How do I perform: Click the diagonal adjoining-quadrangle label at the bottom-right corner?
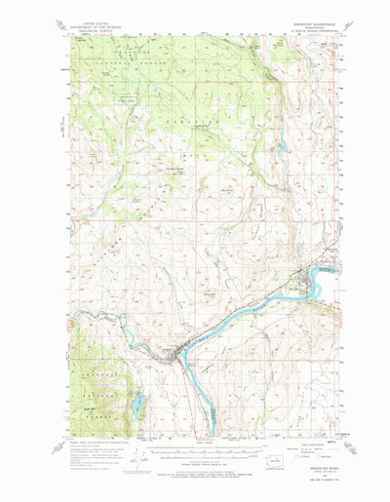coord(343,421)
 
